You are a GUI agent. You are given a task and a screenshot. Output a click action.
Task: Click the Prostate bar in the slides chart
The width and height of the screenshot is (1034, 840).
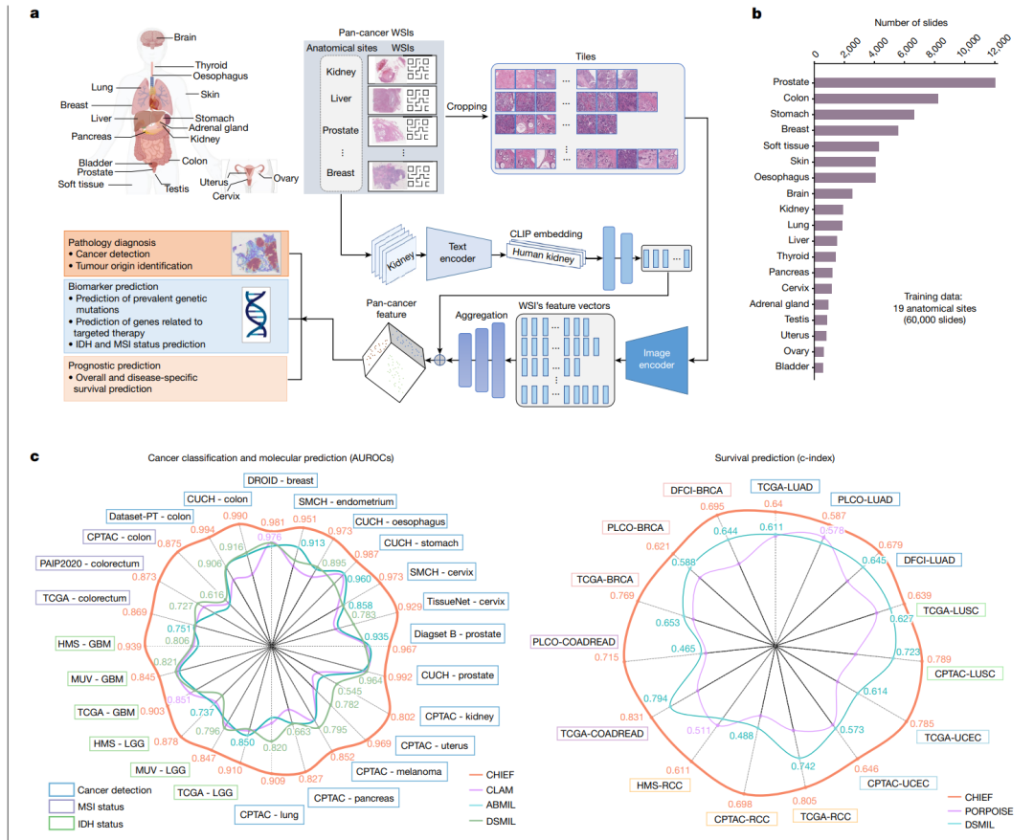tap(905, 82)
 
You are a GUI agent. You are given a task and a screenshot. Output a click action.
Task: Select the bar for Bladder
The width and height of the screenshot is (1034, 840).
tap(819, 367)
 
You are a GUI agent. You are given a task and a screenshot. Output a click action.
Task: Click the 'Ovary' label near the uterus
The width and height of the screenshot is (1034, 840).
tap(285, 178)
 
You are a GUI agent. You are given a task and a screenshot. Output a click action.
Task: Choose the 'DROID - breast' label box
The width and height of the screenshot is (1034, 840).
tap(278, 480)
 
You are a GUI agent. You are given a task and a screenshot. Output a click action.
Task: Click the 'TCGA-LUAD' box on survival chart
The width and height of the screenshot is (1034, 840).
tap(785, 487)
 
